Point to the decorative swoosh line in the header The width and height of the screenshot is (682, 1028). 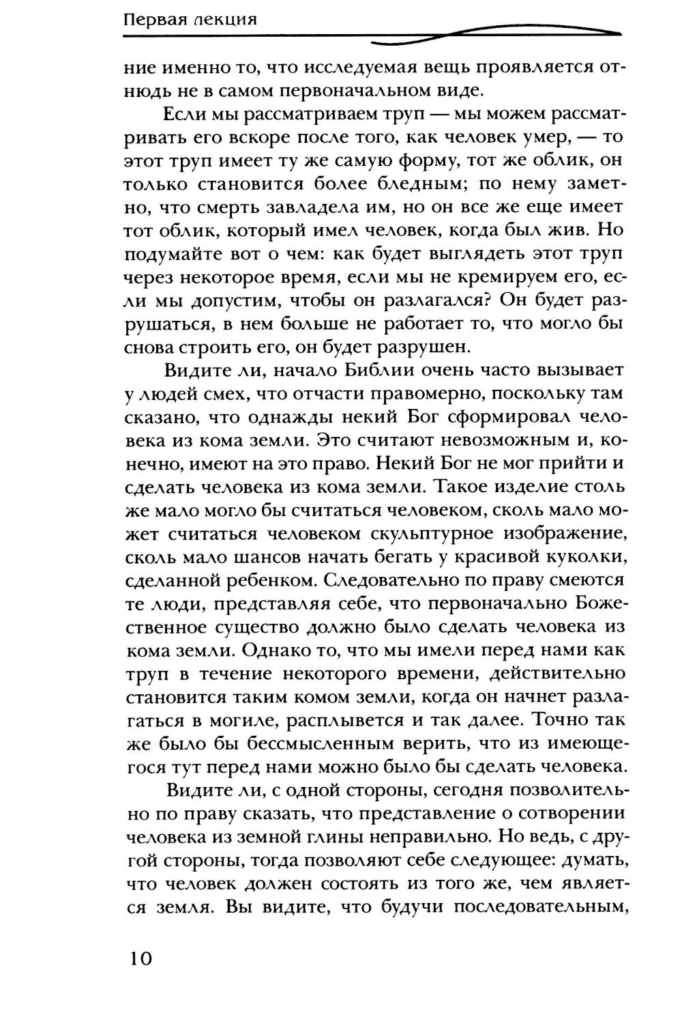coord(477,34)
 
